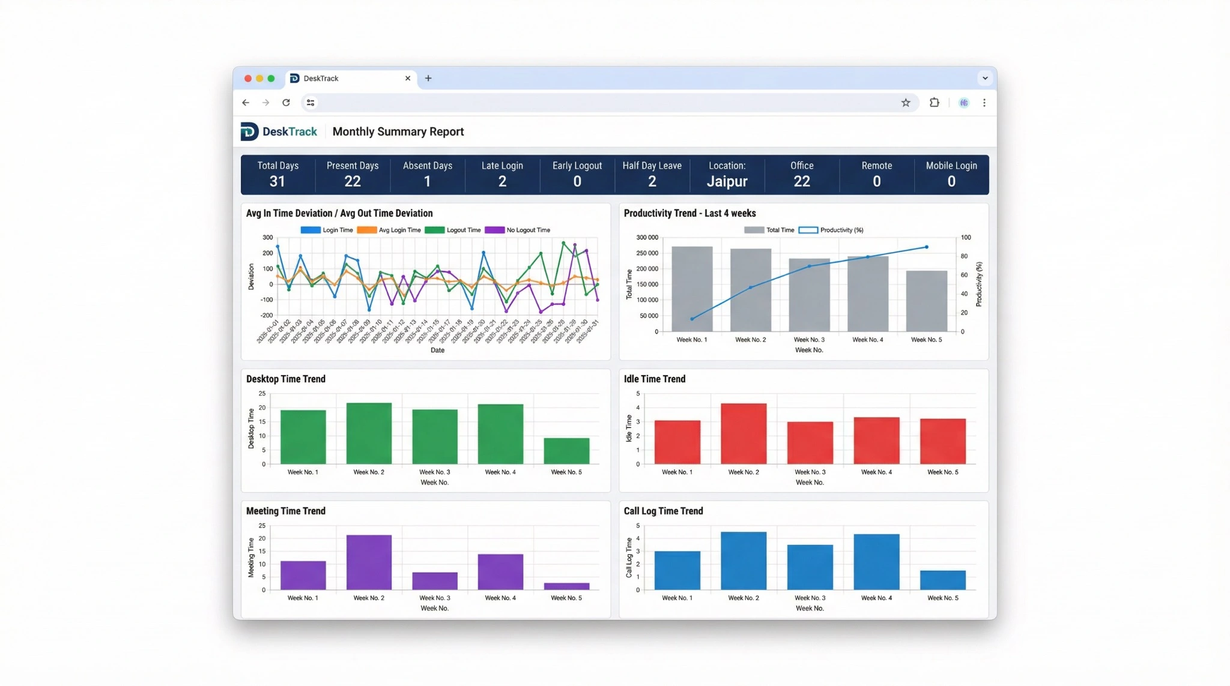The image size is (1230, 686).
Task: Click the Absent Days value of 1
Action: [427, 181]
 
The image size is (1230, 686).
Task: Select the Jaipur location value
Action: [727, 181]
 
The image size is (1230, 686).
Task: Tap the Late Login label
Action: [502, 166]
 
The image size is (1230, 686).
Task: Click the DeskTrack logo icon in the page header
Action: [249, 131]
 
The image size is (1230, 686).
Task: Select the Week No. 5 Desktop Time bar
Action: [566, 451]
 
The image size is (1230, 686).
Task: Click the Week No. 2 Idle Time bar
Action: [744, 433]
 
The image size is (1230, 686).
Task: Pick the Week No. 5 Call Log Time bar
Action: [942, 580]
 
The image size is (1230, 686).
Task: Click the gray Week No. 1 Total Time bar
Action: [692, 289]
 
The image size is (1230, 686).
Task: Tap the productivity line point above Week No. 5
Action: [927, 247]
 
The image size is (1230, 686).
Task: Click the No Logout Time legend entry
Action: [518, 230]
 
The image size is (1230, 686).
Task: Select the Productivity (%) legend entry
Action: [831, 230]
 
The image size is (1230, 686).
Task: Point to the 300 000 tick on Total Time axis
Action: [647, 238]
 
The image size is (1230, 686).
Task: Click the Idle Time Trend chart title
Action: [654, 379]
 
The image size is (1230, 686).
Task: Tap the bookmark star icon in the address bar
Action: [906, 103]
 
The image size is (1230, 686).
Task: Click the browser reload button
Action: [286, 103]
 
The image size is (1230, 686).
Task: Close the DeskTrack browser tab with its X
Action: [408, 78]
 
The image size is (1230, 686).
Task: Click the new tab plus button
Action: [428, 78]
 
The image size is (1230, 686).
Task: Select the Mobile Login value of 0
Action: [951, 181]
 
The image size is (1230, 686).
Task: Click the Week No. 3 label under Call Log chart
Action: [810, 598]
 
